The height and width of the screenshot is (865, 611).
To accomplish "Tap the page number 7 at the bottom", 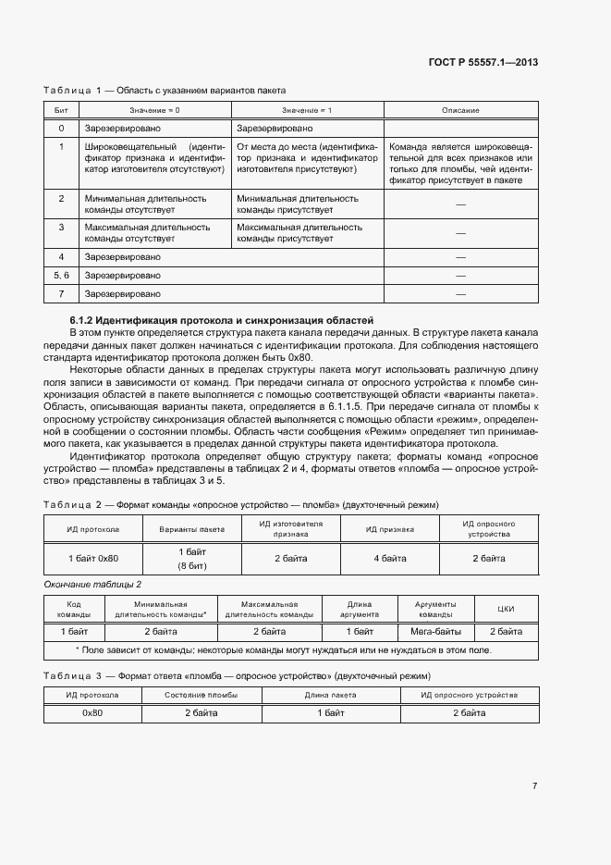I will (534, 785).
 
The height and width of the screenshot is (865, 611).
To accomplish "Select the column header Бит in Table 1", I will (61, 110).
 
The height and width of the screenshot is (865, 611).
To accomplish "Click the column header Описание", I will (460, 110).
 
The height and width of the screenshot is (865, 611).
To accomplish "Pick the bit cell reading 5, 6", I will (61, 275).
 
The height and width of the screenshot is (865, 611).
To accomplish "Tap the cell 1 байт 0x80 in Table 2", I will (93, 559).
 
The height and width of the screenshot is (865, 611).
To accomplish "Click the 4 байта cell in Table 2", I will (389, 559).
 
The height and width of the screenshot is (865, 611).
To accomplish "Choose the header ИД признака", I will (389, 529).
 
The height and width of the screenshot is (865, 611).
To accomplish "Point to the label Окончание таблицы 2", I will (92, 584).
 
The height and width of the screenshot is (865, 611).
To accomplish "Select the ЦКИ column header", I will (506, 609).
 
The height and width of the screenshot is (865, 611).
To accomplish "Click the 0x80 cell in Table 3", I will (92, 713).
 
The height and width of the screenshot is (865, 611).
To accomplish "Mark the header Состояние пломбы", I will (201, 694).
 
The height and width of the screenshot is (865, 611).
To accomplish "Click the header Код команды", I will (74, 609).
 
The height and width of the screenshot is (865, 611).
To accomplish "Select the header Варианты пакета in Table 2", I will (192, 529).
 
